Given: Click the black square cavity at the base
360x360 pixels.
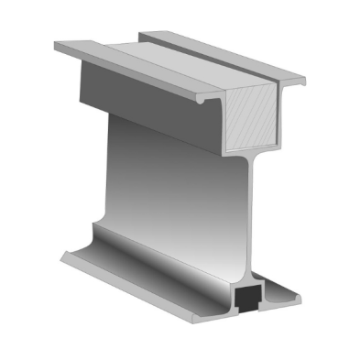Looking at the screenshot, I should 245,297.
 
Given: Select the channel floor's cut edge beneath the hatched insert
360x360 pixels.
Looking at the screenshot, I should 247,147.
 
